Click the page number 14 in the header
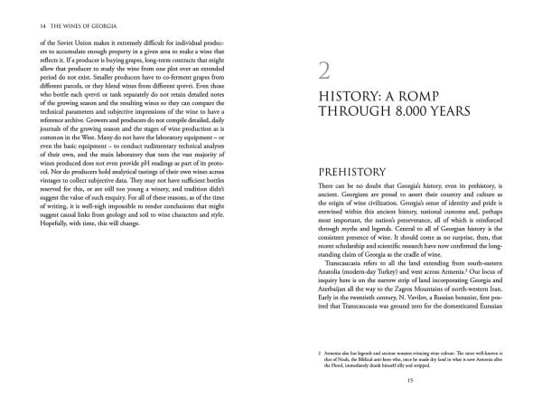(x=33, y=26)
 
